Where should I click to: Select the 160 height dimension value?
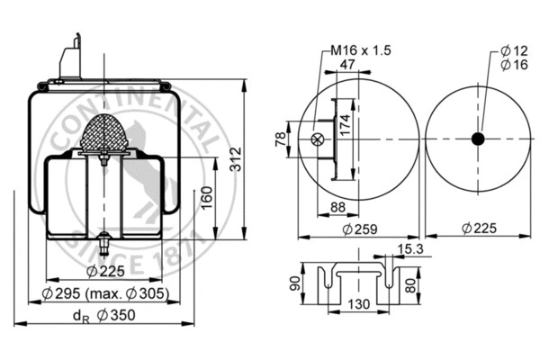point(206,196)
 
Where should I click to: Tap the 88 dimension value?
point(338,207)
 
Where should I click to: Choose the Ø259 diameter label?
point(359,229)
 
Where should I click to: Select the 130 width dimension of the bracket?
point(360,305)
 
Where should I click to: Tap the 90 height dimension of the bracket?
point(293,284)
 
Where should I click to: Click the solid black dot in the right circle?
point(477,138)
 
